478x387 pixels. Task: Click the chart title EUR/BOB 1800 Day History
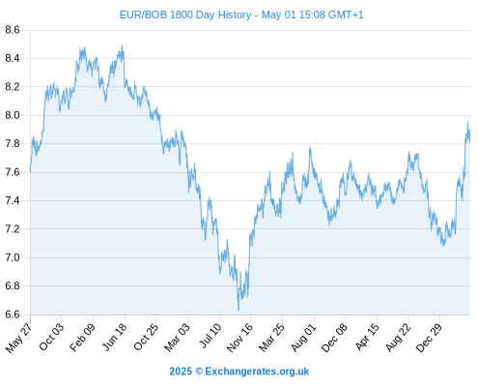coord(185,15)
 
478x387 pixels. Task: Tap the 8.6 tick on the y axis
coord(13,30)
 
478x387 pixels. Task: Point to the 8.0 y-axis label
coord(13,115)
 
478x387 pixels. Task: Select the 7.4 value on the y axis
coord(13,200)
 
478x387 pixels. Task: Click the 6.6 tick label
coord(13,314)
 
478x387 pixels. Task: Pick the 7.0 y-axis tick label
coord(13,257)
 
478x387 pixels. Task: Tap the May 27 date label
coord(19,337)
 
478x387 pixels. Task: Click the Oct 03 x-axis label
coord(51,337)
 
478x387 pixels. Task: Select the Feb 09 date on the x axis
coord(83,337)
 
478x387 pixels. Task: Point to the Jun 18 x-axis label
coord(115,337)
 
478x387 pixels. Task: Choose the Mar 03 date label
coord(178,337)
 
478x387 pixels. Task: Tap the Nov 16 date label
coord(239,338)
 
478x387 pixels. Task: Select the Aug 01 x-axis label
coord(304,337)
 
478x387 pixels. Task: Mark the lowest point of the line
coord(239,311)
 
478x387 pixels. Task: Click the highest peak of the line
coord(122,45)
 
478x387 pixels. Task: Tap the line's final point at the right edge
coord(470,141)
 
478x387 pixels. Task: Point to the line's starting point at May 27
coord(30,171)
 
